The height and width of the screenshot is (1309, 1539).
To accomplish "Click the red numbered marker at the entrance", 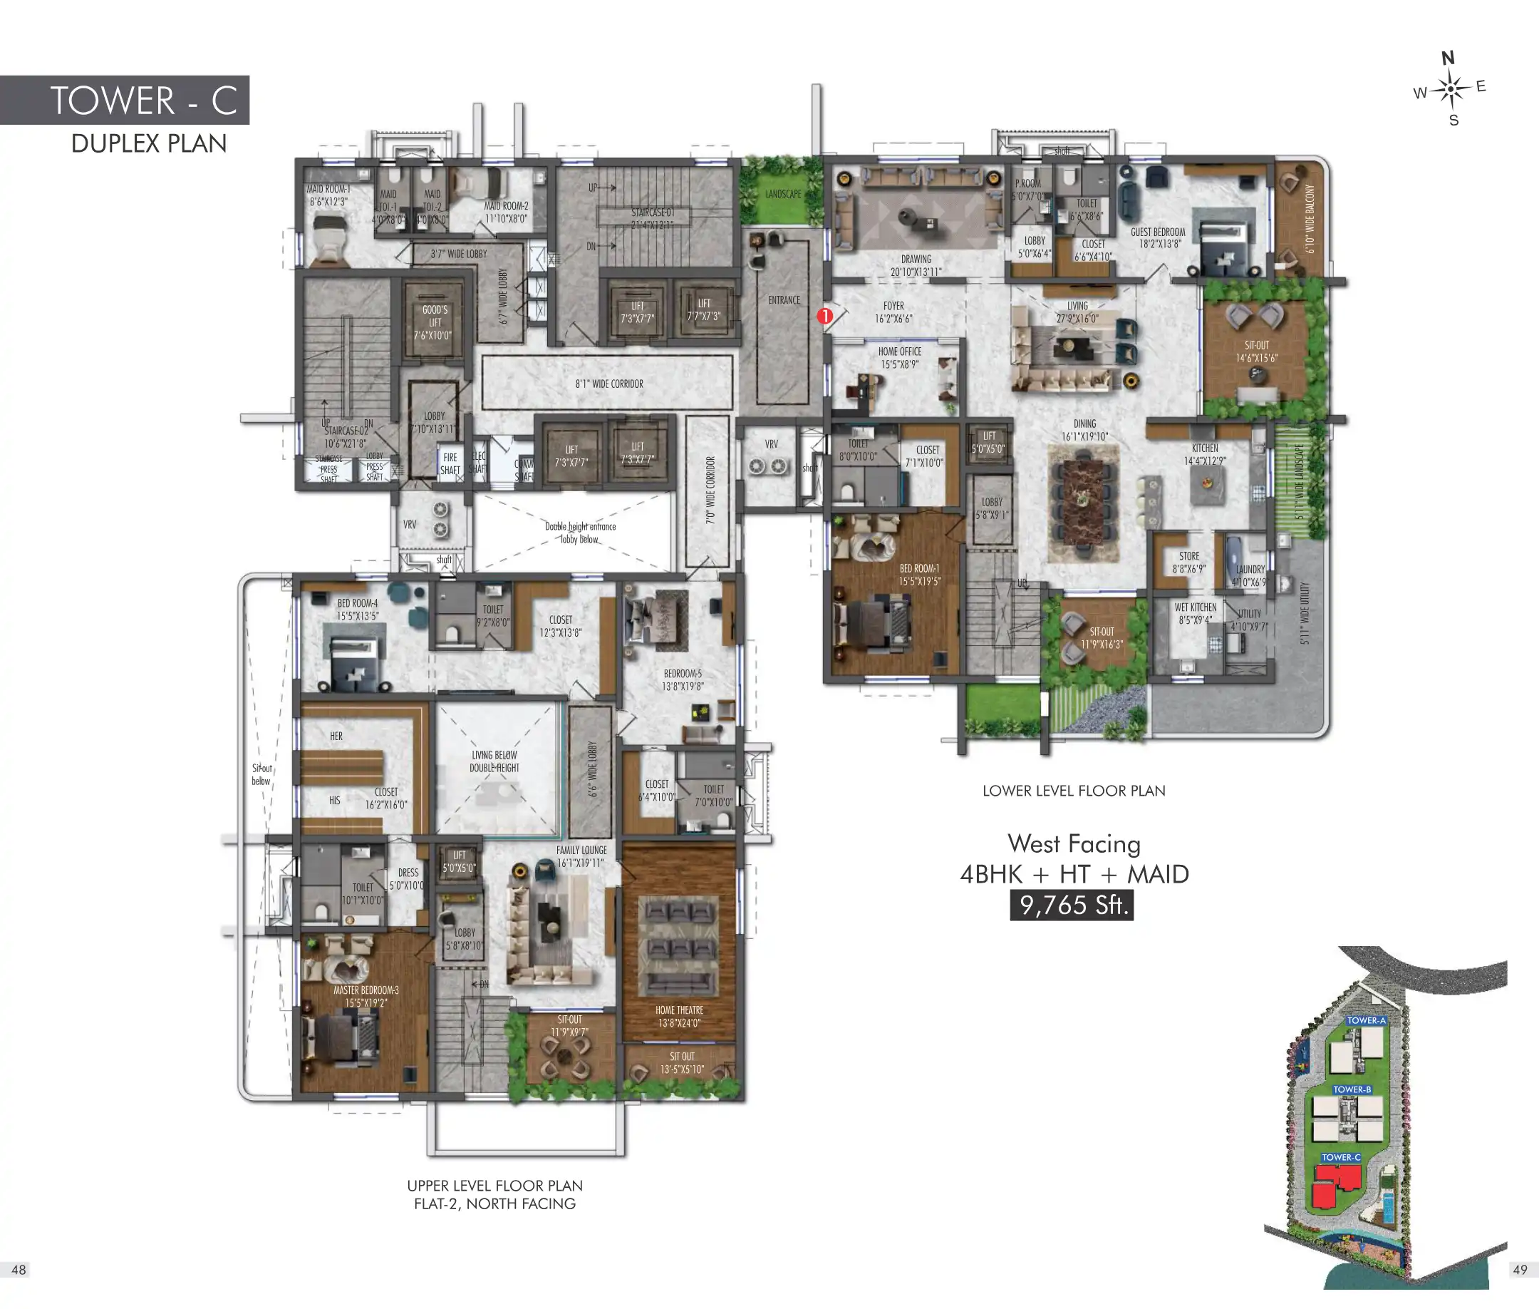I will (825, 316).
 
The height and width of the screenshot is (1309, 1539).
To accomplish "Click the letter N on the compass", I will (1448, 58).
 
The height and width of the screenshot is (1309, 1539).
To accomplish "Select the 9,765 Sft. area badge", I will (1072, 905).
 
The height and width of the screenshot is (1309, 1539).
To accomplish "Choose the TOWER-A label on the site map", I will (1365, 1020).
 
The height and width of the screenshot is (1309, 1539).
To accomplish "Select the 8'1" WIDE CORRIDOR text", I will (609, 384).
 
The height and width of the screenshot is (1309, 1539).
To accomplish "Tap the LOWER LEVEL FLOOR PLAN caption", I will (1073, 791).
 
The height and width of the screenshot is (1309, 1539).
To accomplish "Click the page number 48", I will (19, 1270).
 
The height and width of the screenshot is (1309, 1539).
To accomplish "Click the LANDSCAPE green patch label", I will (783, 195).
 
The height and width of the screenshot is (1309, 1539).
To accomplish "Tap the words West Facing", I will (1073, 843).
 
